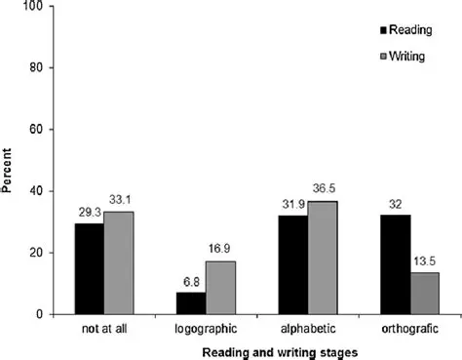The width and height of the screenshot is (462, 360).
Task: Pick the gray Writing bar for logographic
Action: click(220, 288)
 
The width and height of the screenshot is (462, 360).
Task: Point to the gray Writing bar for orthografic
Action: click(426, 294)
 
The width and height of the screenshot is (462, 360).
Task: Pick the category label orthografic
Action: click(409, 329)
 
